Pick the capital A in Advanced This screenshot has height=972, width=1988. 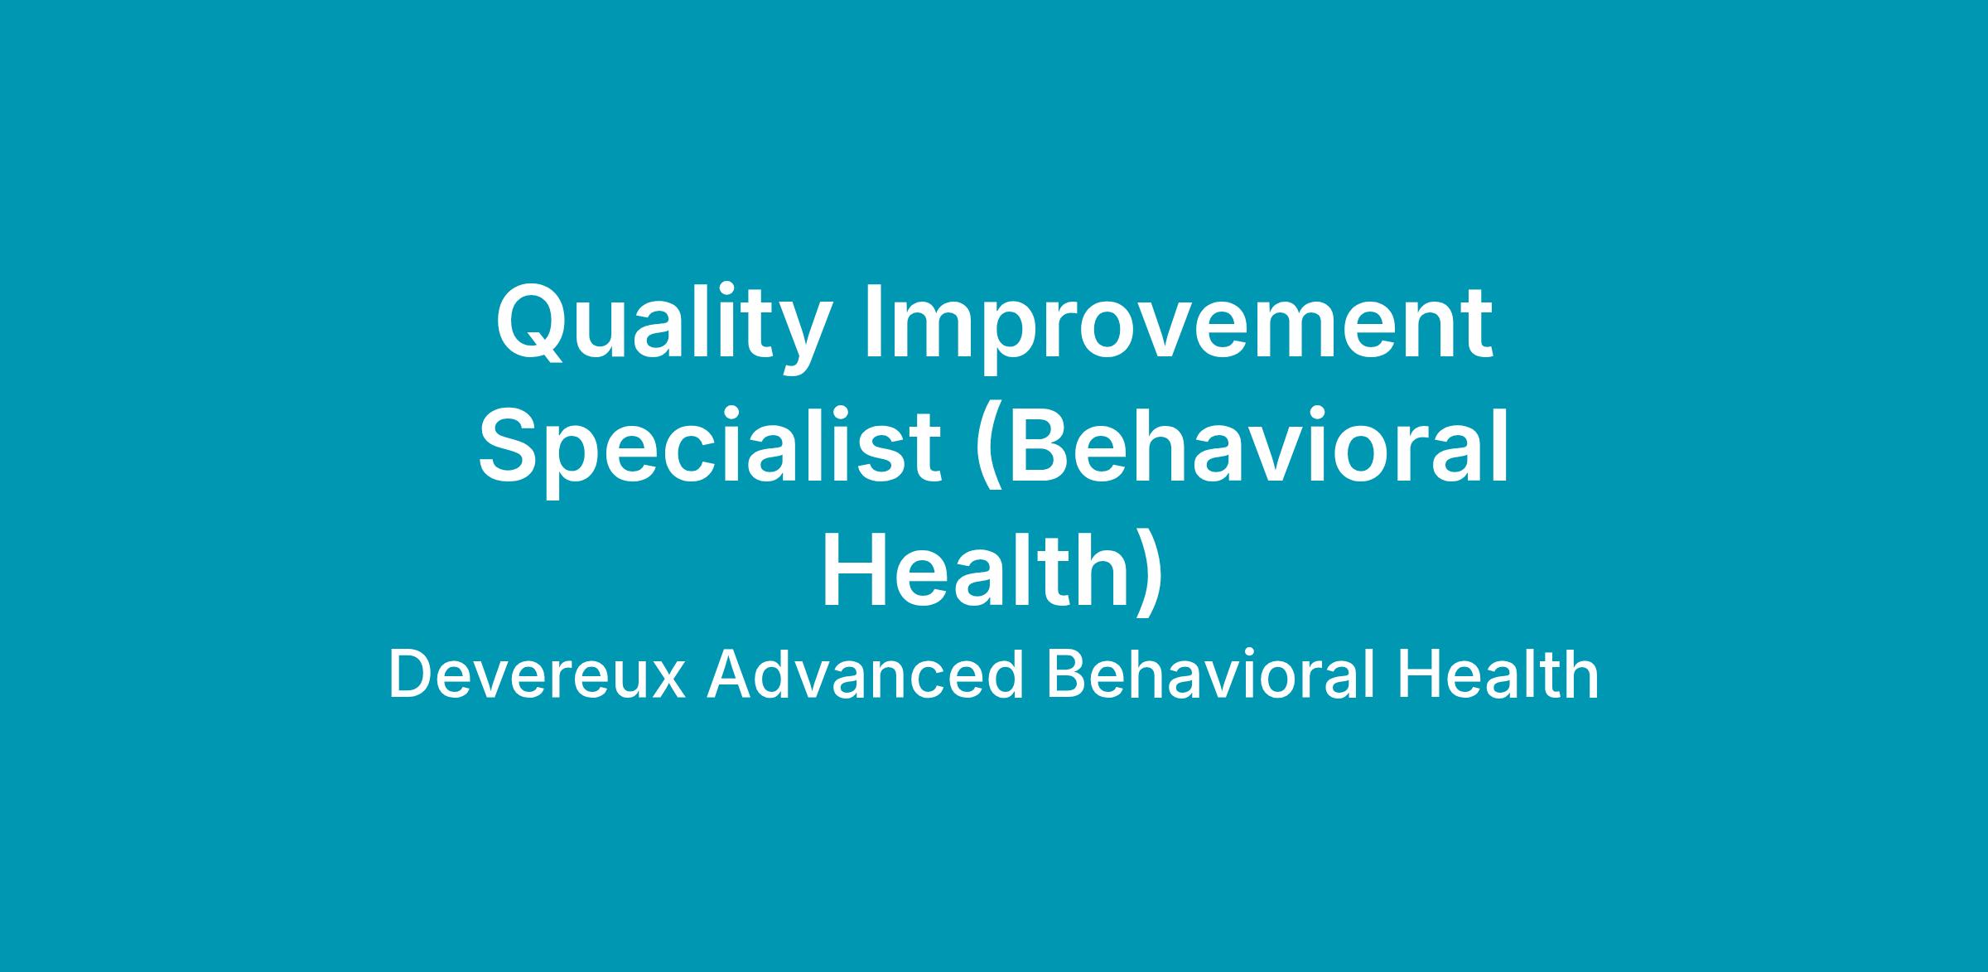pyautogui.click(x=730, y=675)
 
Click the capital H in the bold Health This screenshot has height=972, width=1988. pyautogui.click(x=853, y=570)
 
